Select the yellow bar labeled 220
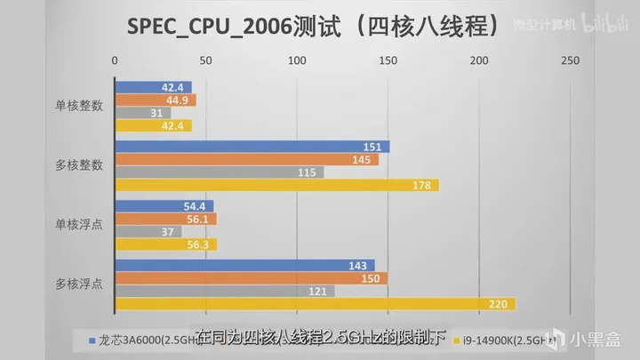point(315,304)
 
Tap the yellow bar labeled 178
point(276,185)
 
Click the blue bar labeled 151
point(252,147)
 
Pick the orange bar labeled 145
point(247,160)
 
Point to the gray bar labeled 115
point(220,172)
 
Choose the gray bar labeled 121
point(225,291)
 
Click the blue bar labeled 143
point(245,265)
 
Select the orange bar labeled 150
point(252,278)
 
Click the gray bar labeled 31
point(143,113)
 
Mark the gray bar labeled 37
point(148,231)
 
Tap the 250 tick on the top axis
point(571,60)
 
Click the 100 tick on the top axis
point(297,60)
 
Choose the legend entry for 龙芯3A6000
point(133,340)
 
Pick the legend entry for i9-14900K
point(493,340)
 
